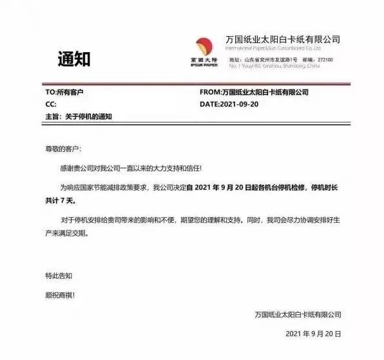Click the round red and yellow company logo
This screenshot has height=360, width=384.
206,46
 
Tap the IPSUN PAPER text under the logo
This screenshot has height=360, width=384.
206,65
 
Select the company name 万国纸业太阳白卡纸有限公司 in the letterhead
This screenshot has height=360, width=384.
283,39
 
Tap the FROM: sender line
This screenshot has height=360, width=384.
254,92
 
